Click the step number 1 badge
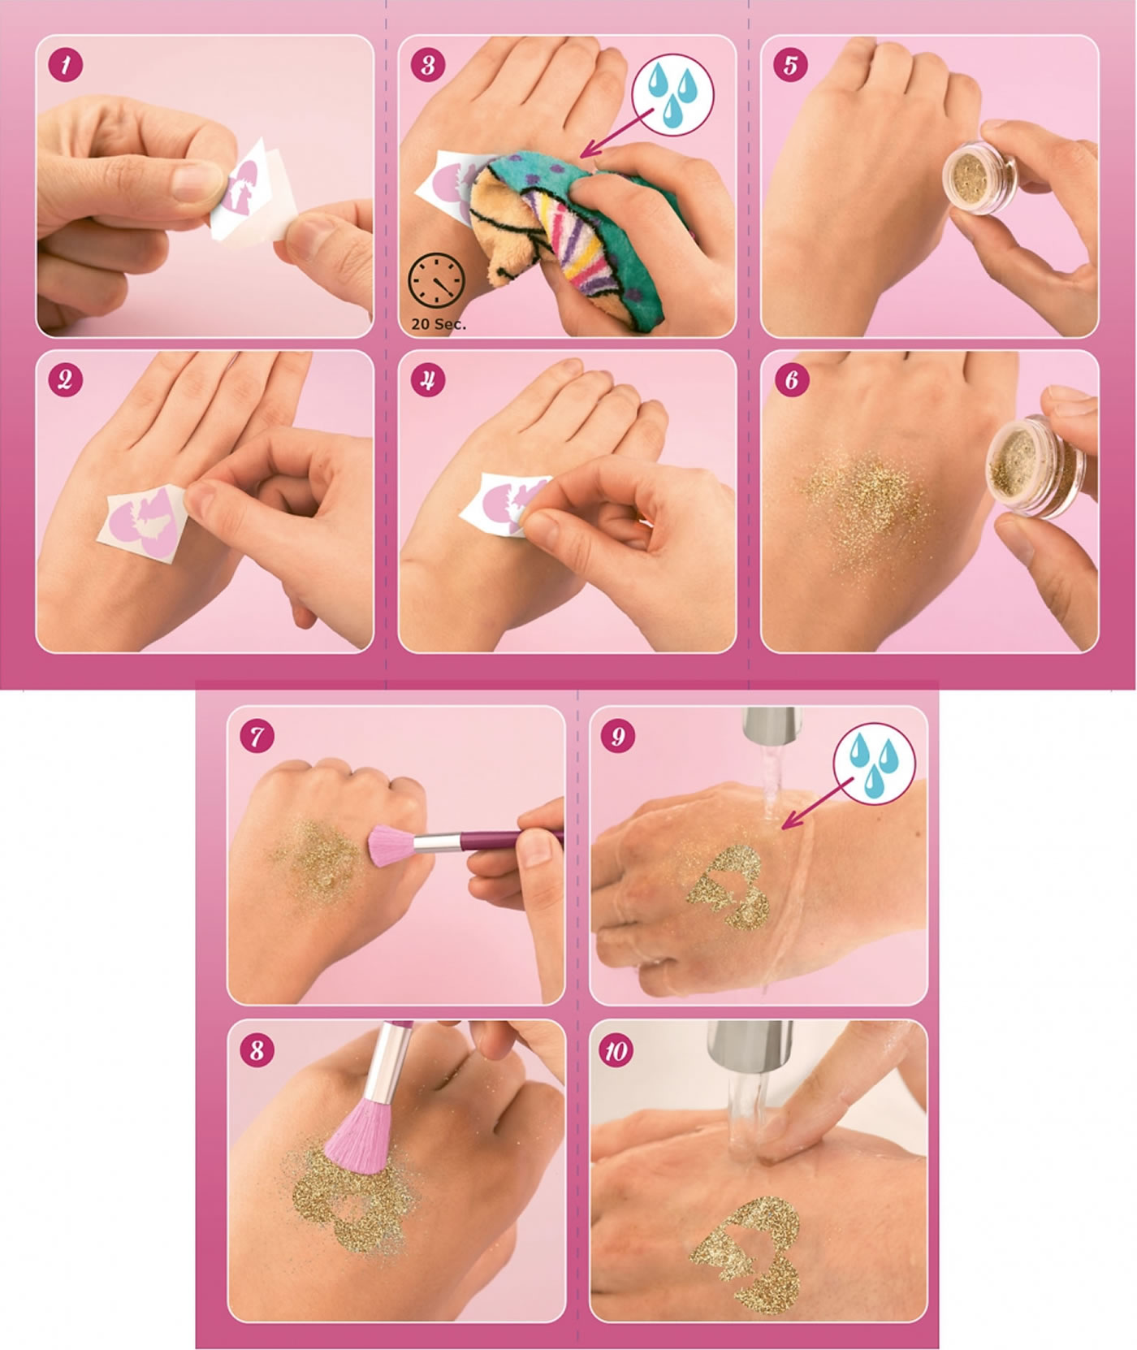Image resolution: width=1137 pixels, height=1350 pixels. [66, 65]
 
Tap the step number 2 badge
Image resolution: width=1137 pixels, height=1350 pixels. [66, 380]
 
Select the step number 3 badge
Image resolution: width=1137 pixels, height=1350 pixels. [428, 65]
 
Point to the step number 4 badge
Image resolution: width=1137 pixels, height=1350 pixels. [428, 380]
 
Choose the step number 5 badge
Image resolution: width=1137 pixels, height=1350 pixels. [790, 65]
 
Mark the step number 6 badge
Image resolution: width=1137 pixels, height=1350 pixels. [790, 380]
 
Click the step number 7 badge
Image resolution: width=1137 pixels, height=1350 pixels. [257, 736]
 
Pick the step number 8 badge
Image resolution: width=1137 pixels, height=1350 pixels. [257, 1050]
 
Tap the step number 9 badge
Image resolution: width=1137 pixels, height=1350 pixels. [619, 736]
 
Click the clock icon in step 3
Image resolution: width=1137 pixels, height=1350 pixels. [436, 280]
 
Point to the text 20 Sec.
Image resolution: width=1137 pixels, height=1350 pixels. [439, 323]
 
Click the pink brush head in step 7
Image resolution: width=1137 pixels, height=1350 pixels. [391, 845]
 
